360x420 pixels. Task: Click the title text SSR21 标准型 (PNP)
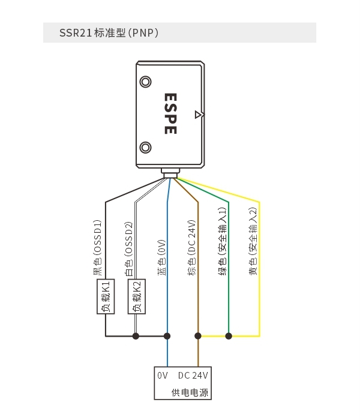(109, 32)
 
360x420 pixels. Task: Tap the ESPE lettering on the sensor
(170, 113)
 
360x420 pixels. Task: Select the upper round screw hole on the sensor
(145, 82)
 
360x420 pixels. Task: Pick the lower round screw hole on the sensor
(145, 148)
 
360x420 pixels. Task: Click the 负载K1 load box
(106, 296)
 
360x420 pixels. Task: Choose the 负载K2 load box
(137, 296)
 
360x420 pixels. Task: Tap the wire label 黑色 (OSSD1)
(97, 248)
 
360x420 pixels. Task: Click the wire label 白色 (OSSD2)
(128, 249)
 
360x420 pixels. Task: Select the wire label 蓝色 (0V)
(161, 257)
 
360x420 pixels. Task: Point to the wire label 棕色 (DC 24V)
(192, 248)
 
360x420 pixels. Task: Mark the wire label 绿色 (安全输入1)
(223, 241)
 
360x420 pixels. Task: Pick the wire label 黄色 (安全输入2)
(253, 241)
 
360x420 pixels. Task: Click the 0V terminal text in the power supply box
(163, 376)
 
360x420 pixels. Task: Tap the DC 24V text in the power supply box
(193, 376)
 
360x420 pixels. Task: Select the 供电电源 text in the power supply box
(190, 392)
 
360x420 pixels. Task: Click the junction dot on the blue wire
(167, 336)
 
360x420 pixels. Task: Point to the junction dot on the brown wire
(198, 336)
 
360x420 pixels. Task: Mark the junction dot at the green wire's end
(229, 336)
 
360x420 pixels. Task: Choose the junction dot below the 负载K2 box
(136, 336)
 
